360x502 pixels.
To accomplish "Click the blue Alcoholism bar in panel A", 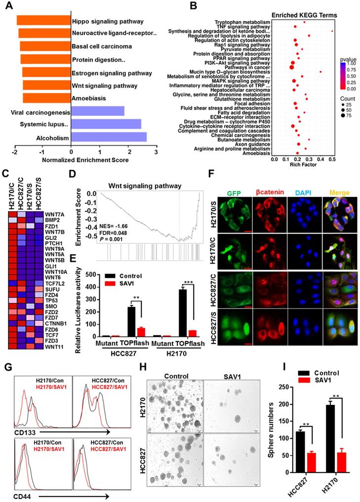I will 109,137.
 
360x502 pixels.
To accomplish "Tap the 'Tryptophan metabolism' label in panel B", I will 242,23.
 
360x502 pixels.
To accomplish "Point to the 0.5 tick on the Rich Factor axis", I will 332,159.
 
